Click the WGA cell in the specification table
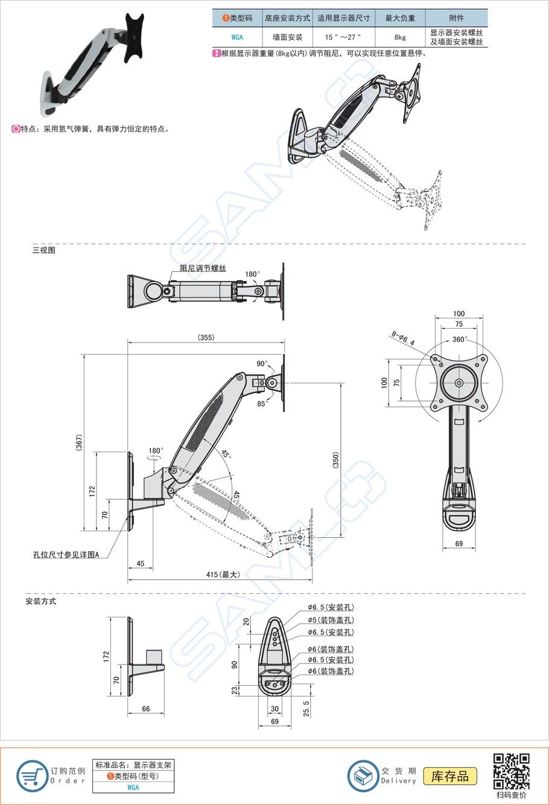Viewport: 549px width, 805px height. click(237, 37)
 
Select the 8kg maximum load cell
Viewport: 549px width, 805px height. click(399, 37)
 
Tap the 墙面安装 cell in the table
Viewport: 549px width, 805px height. click(287, 37)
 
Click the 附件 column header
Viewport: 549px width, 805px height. click(456, 18)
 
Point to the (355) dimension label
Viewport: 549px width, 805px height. click(206, 338)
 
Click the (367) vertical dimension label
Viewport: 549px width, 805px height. click(79, 443)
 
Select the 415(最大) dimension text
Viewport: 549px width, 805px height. click(223, 575)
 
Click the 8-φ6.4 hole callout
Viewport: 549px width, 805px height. click(402, 338)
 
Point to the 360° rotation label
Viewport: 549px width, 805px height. click(459, 340)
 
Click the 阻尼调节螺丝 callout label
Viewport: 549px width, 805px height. click(203, 268)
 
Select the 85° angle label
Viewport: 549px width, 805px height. click(262, 404)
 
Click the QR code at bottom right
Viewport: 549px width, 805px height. click(512, 771)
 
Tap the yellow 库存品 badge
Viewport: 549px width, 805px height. click(450, 776)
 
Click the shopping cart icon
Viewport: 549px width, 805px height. click(32, 776)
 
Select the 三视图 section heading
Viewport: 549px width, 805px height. click(43, 250)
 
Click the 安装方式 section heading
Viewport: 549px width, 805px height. click(40, 601)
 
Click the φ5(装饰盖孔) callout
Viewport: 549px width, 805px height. click(330, 620)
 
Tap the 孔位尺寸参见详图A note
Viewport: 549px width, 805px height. click(66, 554)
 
